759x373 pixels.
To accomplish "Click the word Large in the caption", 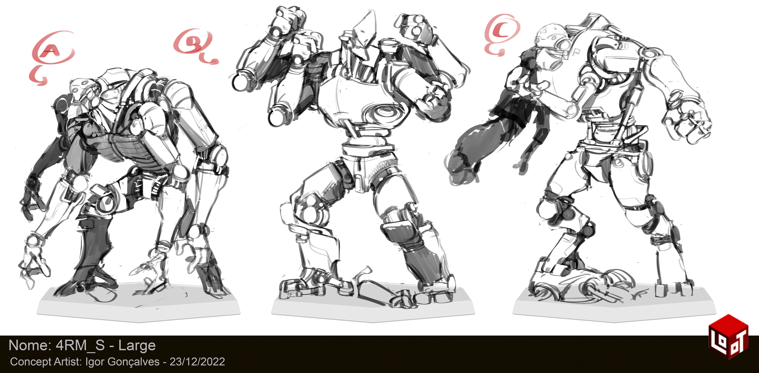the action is [137, 346].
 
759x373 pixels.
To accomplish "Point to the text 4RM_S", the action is [80, 345].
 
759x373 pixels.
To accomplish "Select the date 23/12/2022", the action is [197, 362].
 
